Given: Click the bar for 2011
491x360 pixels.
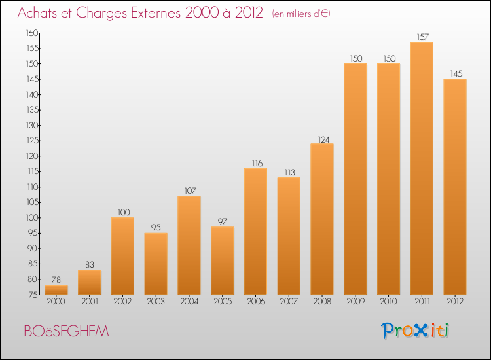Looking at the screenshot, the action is coord(422,168).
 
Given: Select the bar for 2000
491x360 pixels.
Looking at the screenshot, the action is coord(56,290).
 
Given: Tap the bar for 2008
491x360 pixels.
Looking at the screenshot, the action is coord(322,219).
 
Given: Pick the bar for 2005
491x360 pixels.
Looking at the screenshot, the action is coord(223,261).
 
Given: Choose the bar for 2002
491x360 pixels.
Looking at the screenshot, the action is coord(123,256).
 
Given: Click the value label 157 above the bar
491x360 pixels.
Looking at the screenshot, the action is coord(422,37).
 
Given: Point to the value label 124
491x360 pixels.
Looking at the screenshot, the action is coord(323,139).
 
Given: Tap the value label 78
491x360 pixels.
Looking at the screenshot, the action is coord(56,279).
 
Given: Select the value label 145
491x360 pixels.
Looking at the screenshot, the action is coord(456,73).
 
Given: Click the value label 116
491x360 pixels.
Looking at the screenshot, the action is coord(257,164).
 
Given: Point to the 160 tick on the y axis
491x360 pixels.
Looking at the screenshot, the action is coord(32,33).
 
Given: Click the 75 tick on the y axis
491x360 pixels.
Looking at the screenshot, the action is coord(33,295).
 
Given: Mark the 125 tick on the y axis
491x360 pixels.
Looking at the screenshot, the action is coord(32,141).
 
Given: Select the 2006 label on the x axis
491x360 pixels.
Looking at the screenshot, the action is coord(256,302).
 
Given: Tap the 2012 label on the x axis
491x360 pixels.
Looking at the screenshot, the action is coord(455,302).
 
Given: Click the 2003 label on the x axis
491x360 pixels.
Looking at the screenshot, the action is coord(156,302).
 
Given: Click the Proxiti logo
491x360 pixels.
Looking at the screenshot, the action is coord(415,331).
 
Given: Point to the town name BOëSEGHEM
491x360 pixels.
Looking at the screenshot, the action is coord(66,331).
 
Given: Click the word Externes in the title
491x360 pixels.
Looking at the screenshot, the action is coord(156,12).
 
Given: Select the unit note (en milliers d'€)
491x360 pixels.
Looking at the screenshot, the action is coord(301,14).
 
